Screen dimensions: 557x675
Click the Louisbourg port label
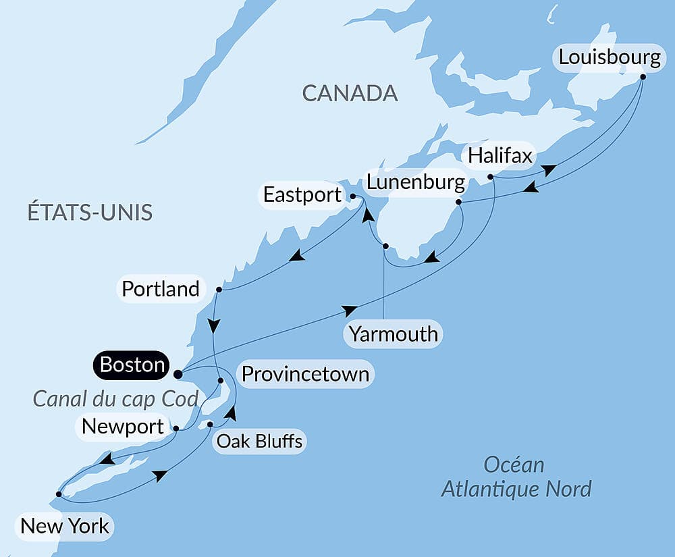(610, 57)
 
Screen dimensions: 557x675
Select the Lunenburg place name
(415, 182)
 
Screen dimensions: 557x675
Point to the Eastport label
(302, 195)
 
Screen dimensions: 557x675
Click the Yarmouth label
(394, 334)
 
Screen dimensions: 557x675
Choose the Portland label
(161, 289)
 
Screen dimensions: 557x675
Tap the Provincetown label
(305, 374)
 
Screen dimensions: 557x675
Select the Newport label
(123, 427)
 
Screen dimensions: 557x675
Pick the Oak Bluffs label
(259, 442)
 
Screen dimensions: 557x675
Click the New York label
(65, 525)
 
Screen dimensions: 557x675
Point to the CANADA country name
(350, 93)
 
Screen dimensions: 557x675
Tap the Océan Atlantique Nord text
(516, 477)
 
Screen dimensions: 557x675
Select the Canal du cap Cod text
(115, 399)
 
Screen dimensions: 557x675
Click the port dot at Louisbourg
(643, 76)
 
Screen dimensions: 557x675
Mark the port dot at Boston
(178, 373)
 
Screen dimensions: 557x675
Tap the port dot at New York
(59, 494)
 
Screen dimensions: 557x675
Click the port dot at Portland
(219, 290)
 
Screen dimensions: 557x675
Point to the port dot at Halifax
(491, 178)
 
